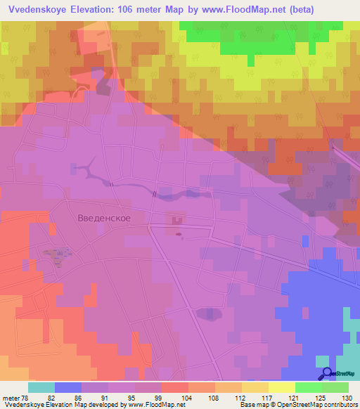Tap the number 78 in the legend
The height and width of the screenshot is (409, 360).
coord(26,397)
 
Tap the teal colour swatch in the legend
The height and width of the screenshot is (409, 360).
coord(41,387)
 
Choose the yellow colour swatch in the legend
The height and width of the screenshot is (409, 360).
coord(281,387)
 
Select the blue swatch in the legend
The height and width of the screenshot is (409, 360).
coord(68,387)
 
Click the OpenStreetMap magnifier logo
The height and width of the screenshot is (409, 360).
coord(326,375)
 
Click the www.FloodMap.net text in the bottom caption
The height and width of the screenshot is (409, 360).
coord(154,405)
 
